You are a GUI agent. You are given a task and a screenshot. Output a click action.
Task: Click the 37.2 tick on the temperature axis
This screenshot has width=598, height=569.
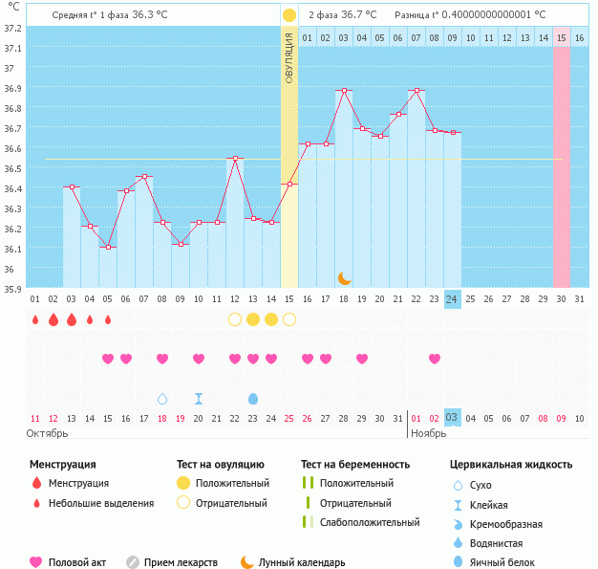(12, 28)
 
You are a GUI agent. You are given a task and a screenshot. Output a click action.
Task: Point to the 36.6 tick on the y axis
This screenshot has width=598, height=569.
(12, 149)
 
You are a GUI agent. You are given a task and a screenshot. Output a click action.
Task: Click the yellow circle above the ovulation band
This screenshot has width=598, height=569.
(289, 15)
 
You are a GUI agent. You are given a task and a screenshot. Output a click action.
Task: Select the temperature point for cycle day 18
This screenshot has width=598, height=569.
(344, 90)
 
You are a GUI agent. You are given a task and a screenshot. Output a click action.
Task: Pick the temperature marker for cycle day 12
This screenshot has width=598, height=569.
(235, 158)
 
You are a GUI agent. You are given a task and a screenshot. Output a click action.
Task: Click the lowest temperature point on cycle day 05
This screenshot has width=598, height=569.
(108, 248)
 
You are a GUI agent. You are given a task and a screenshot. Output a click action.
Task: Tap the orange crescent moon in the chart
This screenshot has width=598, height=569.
(344, 277)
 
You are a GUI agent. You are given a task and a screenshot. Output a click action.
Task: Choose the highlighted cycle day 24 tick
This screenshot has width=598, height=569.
(452, 299)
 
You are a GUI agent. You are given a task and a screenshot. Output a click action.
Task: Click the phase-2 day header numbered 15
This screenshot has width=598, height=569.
(562, 37)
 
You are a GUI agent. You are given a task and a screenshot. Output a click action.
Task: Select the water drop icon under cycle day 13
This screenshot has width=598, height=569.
(253, 398)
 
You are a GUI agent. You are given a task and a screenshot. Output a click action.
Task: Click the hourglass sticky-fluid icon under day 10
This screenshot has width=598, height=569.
(199, 398)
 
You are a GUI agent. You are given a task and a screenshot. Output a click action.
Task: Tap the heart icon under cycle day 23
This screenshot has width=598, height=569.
(435, 359)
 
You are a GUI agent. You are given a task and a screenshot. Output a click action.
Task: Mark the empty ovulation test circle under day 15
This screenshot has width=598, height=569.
(289, 319)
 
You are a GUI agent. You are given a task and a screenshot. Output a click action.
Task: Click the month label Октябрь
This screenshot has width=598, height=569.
(49, 433)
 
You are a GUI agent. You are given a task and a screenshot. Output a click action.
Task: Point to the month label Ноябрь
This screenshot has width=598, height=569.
(428, 433)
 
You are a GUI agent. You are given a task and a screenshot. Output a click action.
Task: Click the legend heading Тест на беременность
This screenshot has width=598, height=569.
(354, 464)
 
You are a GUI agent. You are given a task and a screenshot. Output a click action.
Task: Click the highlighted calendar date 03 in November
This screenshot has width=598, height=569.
(452, 418)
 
